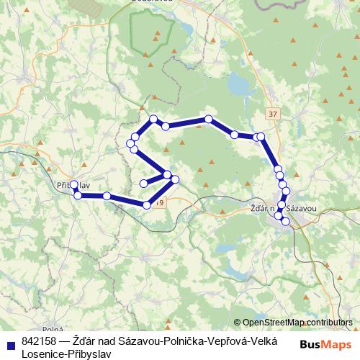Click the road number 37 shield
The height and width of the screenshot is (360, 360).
(271, 114)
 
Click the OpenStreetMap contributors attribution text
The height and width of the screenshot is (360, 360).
(297, 323)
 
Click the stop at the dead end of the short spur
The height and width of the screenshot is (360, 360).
(143, 182)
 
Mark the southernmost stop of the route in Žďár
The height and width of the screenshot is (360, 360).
(286, 221)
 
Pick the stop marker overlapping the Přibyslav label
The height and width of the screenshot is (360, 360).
(74, 184)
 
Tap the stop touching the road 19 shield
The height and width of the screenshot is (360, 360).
(147, 205)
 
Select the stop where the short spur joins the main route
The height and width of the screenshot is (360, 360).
(167, 175)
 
